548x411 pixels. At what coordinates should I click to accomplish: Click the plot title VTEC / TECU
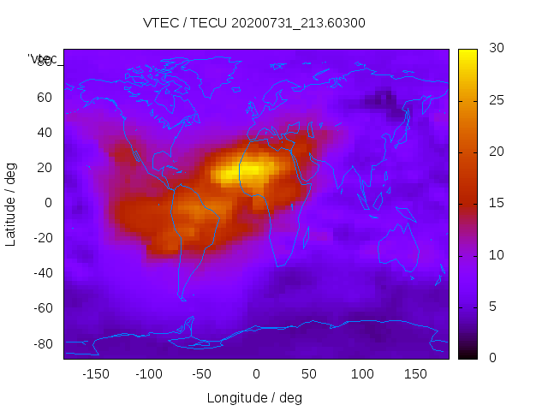254,23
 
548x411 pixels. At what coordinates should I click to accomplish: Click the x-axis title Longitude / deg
254,397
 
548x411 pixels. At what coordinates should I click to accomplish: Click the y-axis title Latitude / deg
11,203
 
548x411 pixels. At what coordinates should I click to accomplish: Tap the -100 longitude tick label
149,374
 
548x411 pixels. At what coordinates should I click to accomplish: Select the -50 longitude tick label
203,374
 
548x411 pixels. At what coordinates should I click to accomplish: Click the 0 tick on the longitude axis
256,374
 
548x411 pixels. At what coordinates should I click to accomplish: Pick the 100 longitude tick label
363,374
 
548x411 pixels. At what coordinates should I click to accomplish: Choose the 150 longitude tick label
416,374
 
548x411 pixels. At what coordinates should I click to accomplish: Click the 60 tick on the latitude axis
45,97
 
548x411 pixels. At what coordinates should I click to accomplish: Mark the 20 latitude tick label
45,167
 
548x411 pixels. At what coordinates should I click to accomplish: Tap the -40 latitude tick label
42,273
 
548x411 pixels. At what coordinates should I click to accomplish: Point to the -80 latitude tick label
42,343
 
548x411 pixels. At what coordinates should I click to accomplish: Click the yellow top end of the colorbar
467,56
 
